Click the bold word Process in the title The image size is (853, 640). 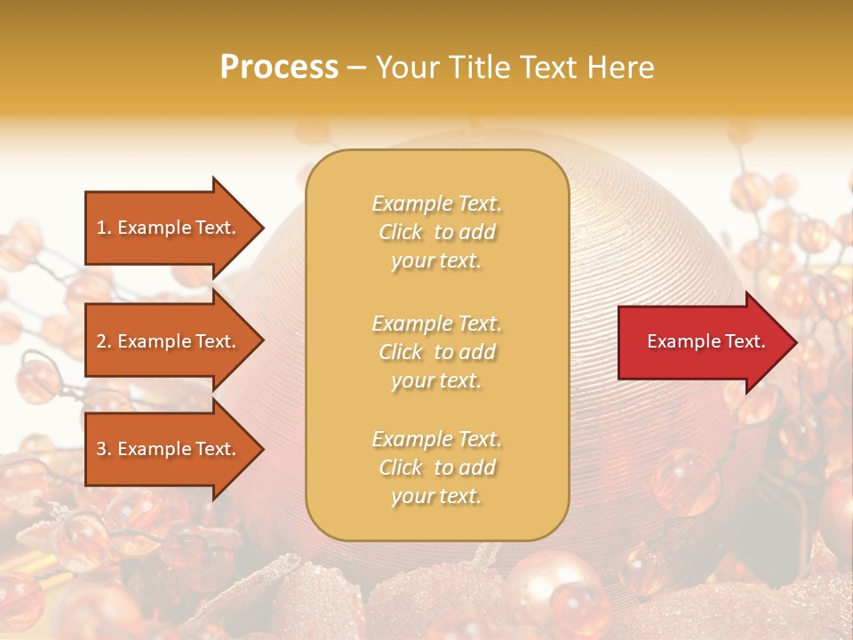279,68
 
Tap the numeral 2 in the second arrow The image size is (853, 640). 101,341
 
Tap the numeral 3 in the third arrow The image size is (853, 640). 101,450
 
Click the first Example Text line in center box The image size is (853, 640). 436,204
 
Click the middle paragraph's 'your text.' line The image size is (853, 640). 436,380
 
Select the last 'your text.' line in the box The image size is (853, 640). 436,497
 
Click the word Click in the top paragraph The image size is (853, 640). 401,232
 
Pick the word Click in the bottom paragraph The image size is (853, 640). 401,468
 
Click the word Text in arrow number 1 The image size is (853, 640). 213,228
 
